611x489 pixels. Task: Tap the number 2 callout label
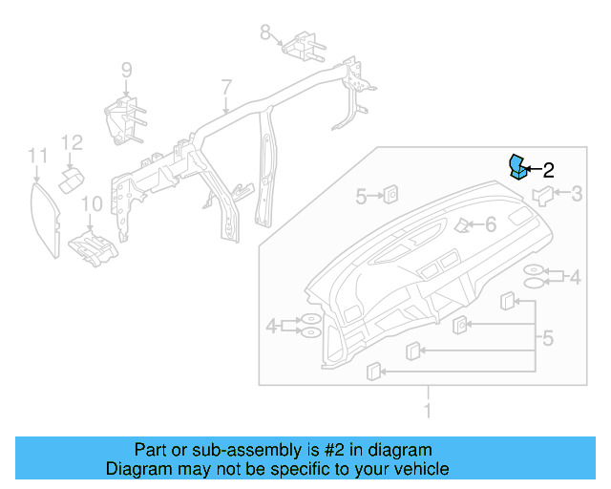548,171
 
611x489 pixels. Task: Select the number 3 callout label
578,195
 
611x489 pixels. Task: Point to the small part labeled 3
543,197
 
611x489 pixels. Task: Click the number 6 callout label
490,225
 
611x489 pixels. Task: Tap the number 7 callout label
226,88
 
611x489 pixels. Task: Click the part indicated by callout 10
92,246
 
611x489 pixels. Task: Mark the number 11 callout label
37,155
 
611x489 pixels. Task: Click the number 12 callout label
73,143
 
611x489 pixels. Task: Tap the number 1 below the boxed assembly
428,411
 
